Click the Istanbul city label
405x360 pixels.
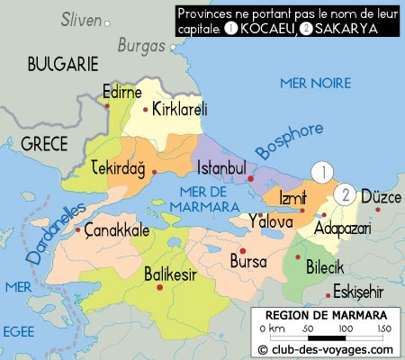click(221, 168)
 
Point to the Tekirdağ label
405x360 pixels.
click(119, 170)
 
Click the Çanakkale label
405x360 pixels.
click(115, 230)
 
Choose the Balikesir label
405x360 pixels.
click(173, 274)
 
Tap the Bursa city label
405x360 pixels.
click(247, 262)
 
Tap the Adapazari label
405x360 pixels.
click(342, 229)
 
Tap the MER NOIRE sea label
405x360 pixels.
click(314, 83)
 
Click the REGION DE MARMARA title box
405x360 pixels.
click(319, 315)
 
